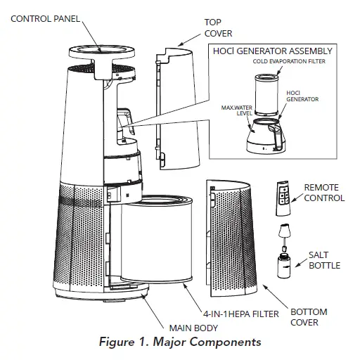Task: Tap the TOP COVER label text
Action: pos(218,27)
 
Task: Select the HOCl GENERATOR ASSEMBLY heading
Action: pos(273,51)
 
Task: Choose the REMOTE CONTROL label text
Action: pos(323,193)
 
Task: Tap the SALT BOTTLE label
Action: pos(324,260)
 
